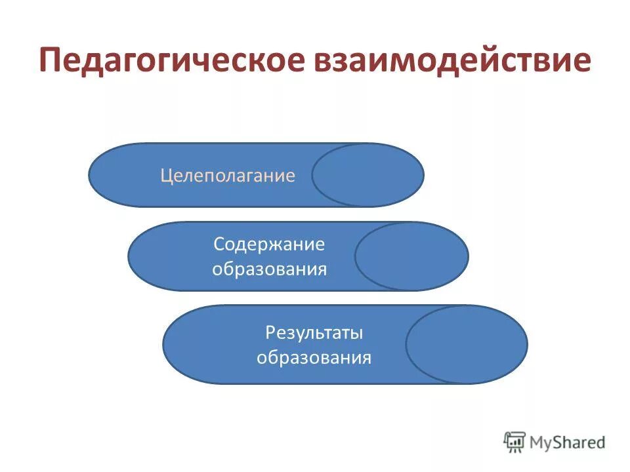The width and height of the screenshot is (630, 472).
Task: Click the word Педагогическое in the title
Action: click(x=172, y=61)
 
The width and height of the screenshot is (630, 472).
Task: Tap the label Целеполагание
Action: click(x=228, y=176)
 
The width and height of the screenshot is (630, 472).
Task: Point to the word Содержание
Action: click(x=269, y=245)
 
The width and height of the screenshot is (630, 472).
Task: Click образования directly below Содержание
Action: click(x=269, y=269)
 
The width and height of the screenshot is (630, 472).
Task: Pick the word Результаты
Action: click(x=314, y=332)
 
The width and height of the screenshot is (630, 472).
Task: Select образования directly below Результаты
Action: click(x=314, y=358)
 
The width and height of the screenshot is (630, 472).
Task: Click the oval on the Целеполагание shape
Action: click(x=367, y=175)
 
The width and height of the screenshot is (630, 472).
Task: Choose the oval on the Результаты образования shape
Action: click(x=466, y=344)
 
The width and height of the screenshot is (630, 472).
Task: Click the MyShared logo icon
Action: click(x=515, y=442)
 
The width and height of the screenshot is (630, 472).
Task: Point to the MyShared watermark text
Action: click(x=568, y=443)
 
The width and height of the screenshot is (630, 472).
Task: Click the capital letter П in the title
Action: click(x=51, y=61)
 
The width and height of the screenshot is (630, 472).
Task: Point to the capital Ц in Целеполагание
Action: click(x=166, y=176)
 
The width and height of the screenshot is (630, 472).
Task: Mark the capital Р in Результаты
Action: click(x=270, y=332)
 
